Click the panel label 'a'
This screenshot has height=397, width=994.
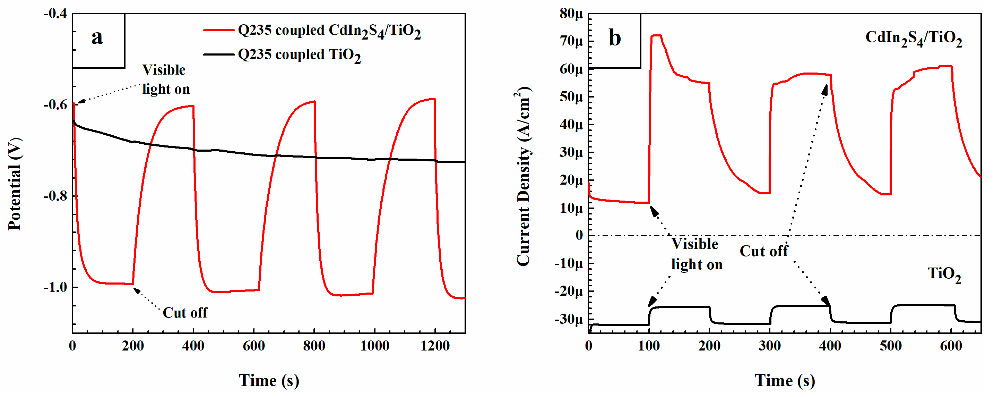97,37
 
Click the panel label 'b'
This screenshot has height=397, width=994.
614,38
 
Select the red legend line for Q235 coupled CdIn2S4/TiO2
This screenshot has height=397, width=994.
218,30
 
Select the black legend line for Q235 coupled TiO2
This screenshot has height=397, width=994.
218,54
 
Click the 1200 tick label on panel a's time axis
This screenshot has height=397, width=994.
435,346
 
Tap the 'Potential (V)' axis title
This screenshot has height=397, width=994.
15,184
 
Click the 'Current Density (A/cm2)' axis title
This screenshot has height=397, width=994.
524,176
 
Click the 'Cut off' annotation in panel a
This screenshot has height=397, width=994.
185,312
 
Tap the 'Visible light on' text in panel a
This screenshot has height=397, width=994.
166,79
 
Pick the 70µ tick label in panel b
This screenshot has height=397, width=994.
571,41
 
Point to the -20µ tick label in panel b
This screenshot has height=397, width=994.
569,291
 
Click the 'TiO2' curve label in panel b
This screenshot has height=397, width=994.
944,274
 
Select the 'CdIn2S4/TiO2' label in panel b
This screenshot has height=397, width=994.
913,38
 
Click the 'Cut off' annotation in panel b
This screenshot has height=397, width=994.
763,251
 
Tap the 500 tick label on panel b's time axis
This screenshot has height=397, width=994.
891,346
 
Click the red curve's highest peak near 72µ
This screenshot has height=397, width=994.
656,35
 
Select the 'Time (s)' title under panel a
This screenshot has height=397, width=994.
269,380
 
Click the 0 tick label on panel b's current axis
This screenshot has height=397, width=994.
579,235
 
